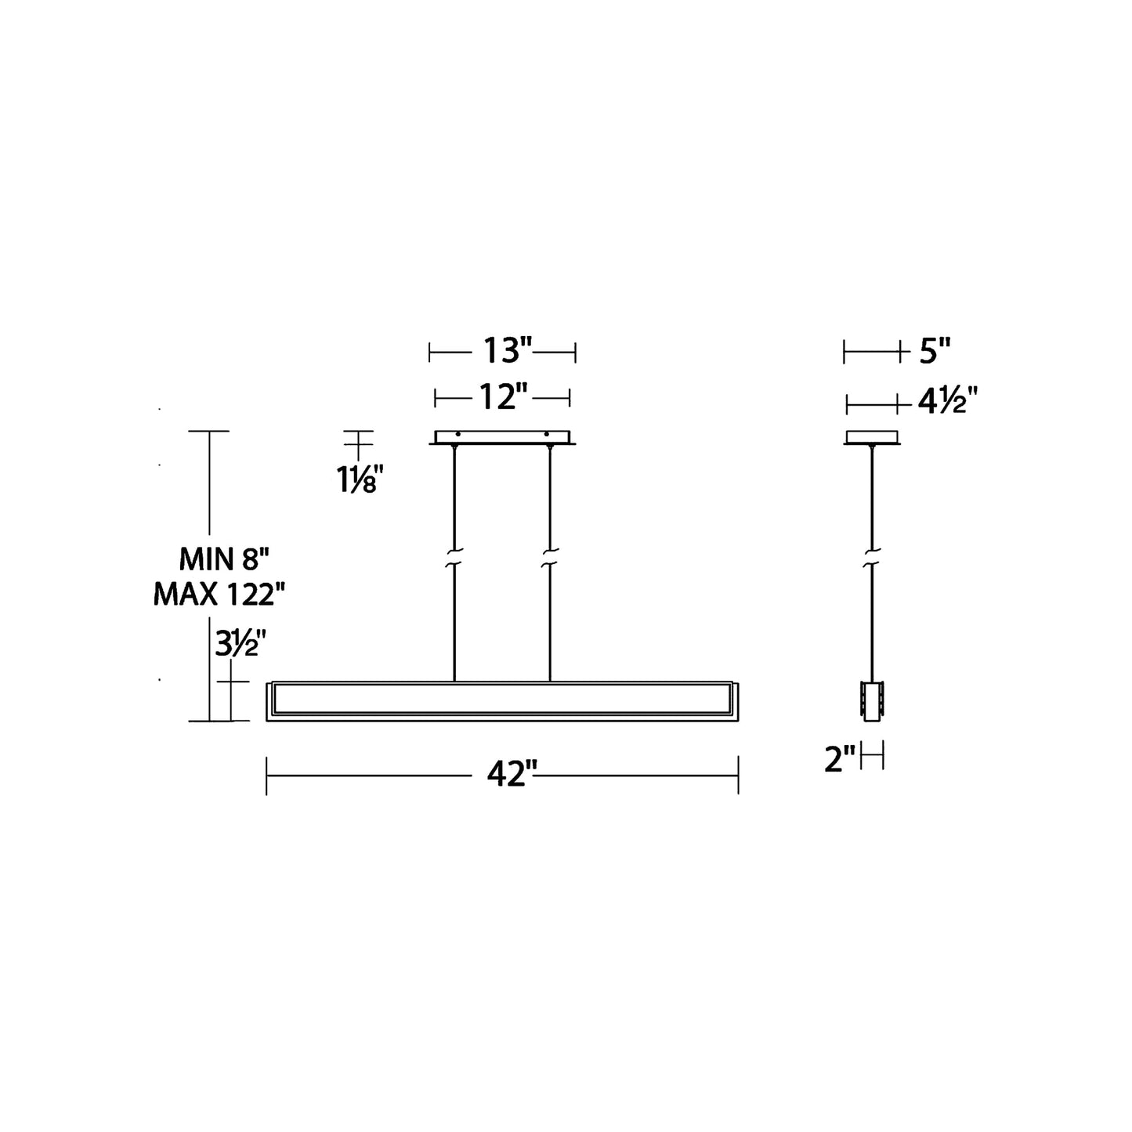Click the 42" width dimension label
pos(512,775)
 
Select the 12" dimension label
pos(502,397)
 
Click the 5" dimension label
pos(934,352)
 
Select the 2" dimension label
pos(839,759)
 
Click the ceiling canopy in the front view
pos(502,437)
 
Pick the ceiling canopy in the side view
pos(872,437)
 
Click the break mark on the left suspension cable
pos(454,558)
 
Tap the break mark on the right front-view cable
pos(550,558)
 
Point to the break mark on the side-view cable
pos(872,558)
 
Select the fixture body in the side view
pos(872,701)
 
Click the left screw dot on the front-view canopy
pos(458,433)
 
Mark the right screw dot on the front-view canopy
pos(547,433)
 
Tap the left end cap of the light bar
pos(270,701)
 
